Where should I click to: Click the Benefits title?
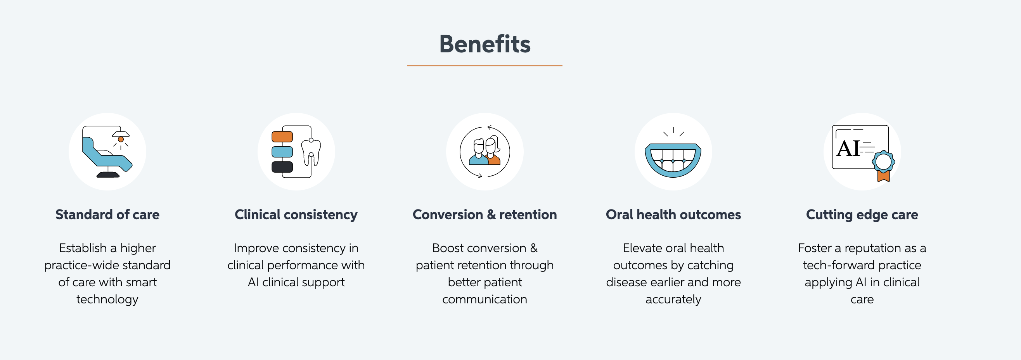click(x=485, y=44)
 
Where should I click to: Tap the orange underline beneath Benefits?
click(x=485, y=66)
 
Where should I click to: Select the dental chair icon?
click(x=107, y=151)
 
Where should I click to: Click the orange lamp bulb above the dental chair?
click(x=121, y=139)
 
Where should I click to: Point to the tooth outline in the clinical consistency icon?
click(x=311, y=152)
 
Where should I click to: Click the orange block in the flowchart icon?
click(x=282, y=137)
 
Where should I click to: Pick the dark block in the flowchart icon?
click(x=282, y=167)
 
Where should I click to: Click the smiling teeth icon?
click(x=673, y=159)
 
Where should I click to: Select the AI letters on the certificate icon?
click(x=848, y=148)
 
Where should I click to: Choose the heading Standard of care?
click(x=107, y=215)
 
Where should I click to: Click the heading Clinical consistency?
click(x=296, y=215)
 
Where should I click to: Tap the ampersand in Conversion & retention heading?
click(x=491, y=215)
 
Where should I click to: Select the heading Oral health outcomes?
click(x=673, y=215)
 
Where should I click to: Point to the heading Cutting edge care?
click(x=862, y=215)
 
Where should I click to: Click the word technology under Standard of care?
click(x=107, y=299)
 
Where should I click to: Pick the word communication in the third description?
click(x=485, y=299)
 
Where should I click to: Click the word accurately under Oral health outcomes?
click(x=673, y=299)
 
